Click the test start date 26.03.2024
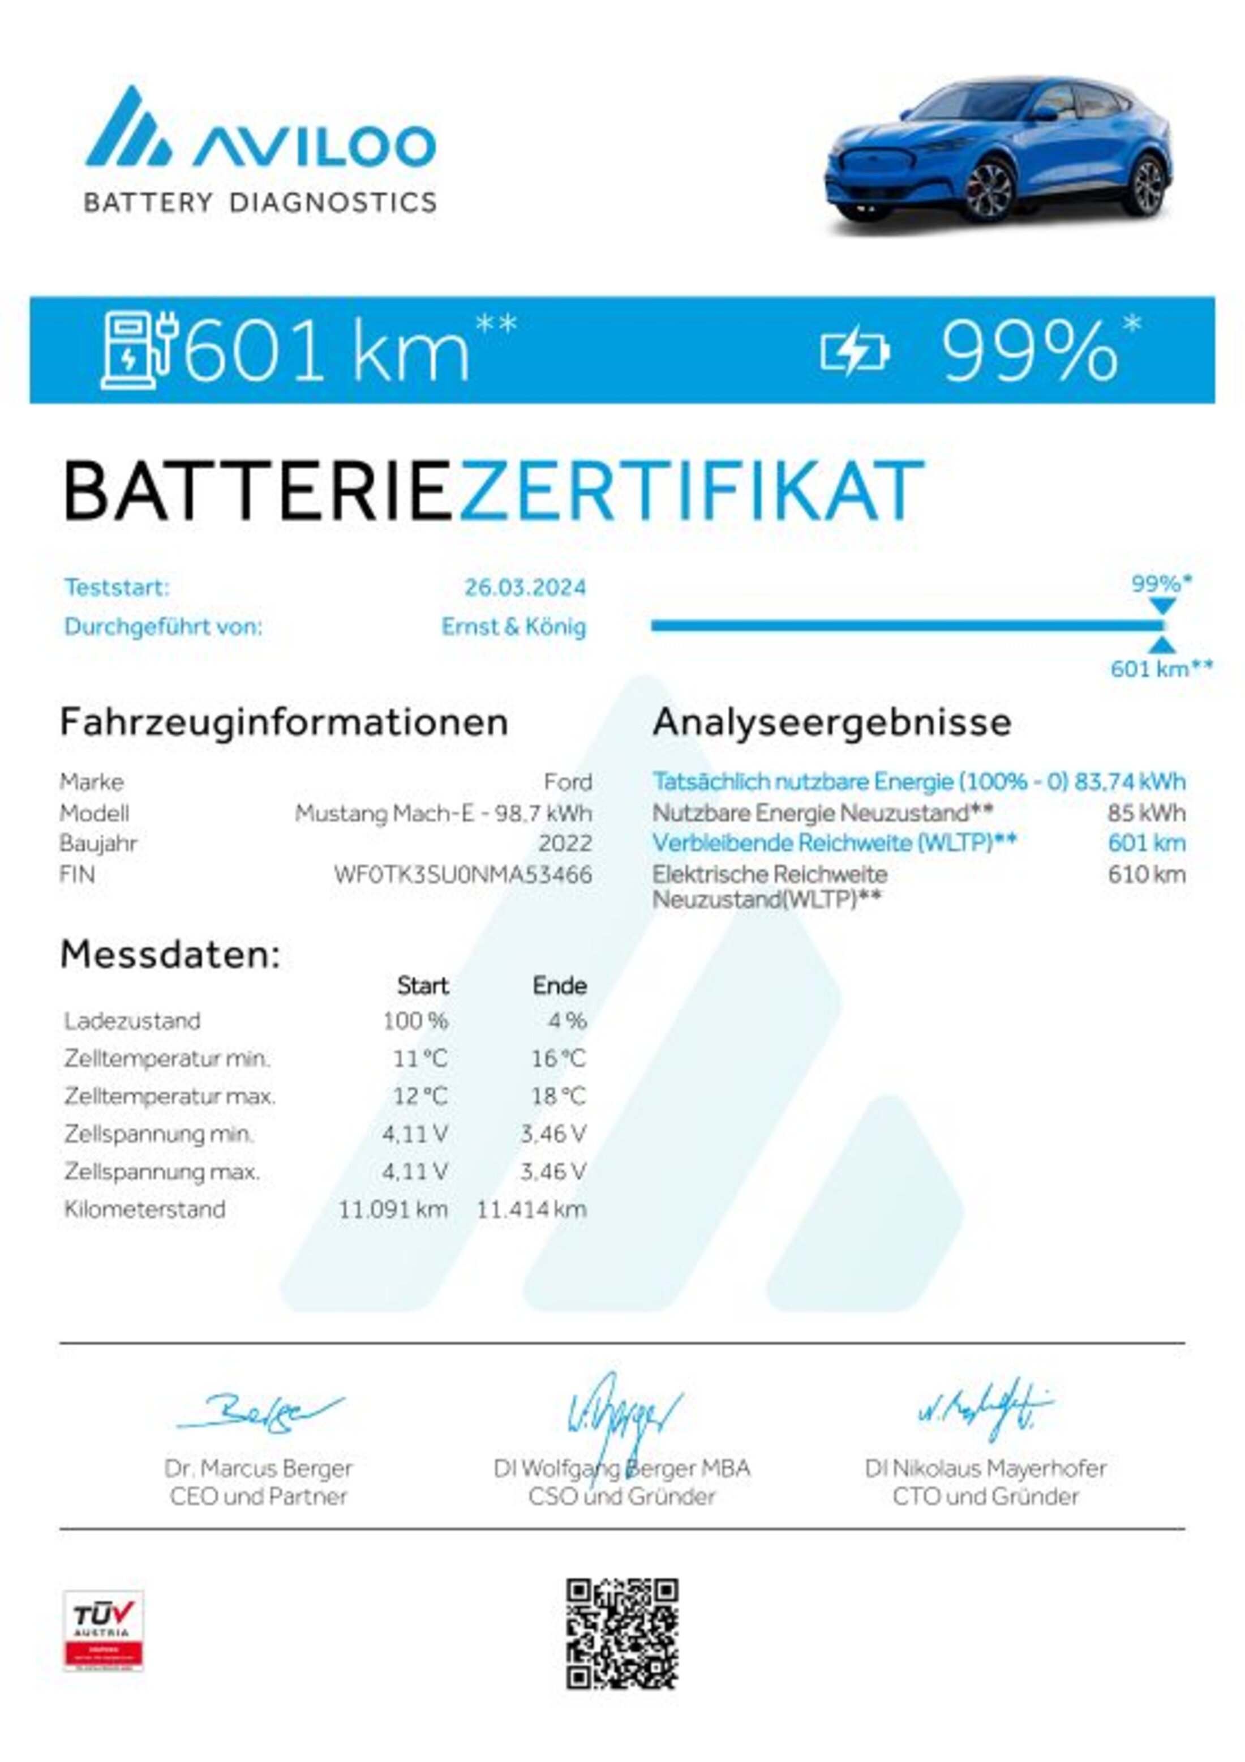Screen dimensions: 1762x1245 pyautogui.click(x=525, y=588)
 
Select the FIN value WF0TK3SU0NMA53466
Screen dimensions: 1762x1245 pyautogui.click(x=462, y=874)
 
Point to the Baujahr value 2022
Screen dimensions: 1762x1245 pyautogui.click(x=565, y=844)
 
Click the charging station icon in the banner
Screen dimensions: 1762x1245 pyautogui.click(x=140, y=350)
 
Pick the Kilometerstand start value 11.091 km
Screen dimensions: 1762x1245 pyautogui.click(x=393, y=1209)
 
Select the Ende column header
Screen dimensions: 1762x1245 pyautogui.click(x=559, y=985)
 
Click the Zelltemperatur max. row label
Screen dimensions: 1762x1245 pyautogui.click(x=170, y=1097)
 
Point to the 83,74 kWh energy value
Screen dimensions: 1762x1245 pyautogui.click(x=1130, y=781)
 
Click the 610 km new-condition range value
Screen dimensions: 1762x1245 pyautogui.click(x=1146, y=874)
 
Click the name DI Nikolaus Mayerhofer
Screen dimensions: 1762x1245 pyautogui.click(x=985, y=1468)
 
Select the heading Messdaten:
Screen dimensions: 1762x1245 pyautogui.click(x=170, y=955)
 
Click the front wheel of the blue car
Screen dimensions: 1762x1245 pyautogui.click(x=988, y=189)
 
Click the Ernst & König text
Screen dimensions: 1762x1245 pyautogui.click(x=513, y=627)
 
